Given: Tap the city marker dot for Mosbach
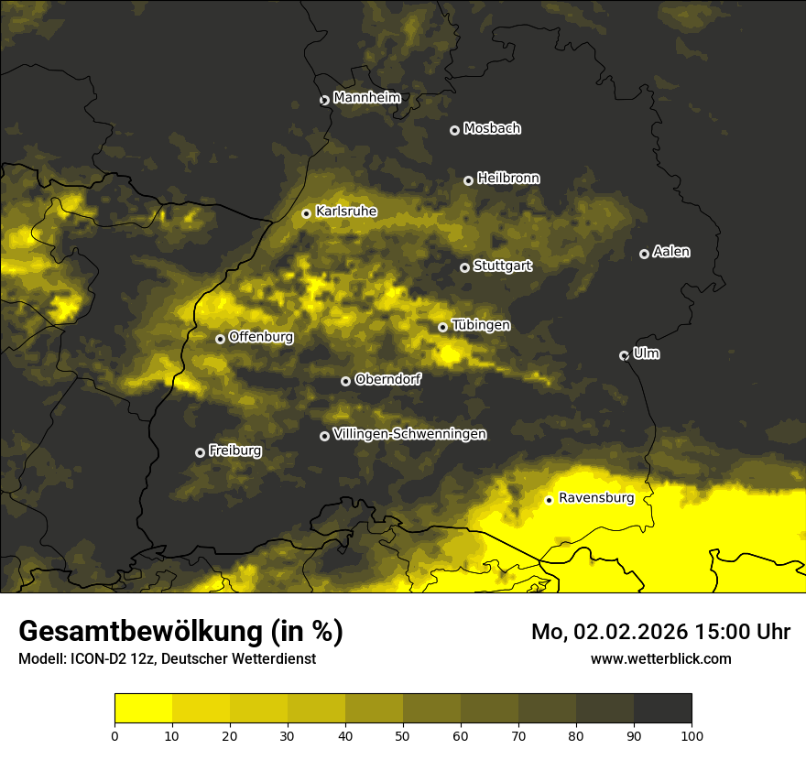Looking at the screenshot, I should [x=454, y=130].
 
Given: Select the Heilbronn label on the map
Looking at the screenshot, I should [x=508, y=179].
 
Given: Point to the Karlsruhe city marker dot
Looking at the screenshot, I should [x=307, y=213].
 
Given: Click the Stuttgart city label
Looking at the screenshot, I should [x=502, y=266].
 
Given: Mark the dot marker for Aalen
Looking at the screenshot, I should [x=644, y=254].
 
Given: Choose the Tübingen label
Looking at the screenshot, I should [x=481, y=325].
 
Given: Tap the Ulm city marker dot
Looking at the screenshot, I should [x=624, y=355].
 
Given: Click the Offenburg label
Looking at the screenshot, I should [x=261, y=337].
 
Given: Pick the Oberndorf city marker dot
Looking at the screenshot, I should [x=345, y=381].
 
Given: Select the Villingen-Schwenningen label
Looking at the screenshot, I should [x=409, y=434].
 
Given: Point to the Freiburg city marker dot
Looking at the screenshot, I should [x=200, y=452].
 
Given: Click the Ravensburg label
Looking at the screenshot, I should [x=596, y=498].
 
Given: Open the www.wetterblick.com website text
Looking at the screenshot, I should [x=660, y=658].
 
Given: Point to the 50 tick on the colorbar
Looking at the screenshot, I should [x=403, y=735].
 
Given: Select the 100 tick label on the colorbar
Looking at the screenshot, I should [x=692, y=735].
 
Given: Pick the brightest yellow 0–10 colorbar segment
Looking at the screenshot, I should [x=143, y=709].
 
